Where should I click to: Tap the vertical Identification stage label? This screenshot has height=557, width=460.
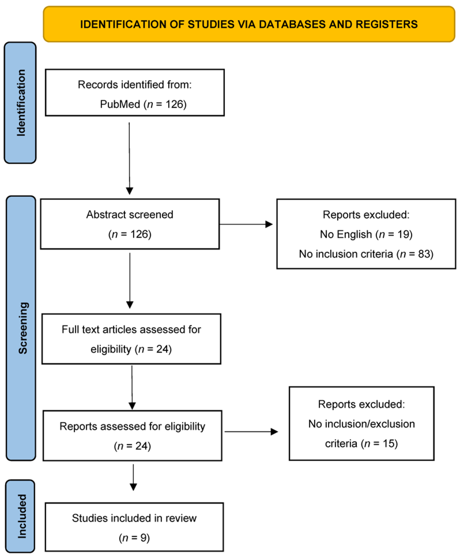tap(21, 103)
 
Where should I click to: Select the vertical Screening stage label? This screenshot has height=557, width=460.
tap(23, 328)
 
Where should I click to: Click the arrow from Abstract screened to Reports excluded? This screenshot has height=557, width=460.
tap(246, 224)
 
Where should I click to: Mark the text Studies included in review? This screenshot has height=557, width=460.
tap(134, 518)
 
